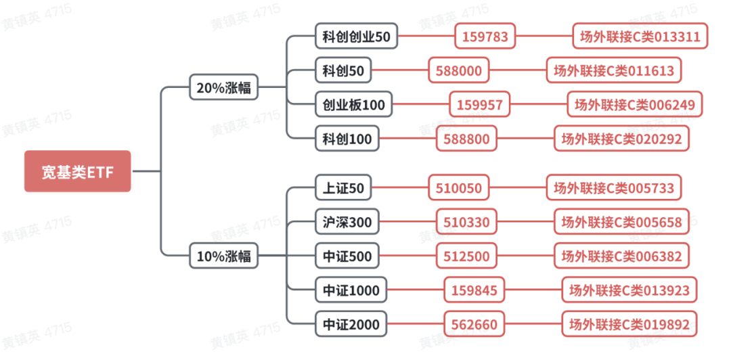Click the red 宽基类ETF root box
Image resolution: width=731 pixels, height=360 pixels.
[x=77, y=171]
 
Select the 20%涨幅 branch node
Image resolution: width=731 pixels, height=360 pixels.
[x=223, y=87]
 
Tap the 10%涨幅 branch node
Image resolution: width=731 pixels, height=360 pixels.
[x=223, y=256]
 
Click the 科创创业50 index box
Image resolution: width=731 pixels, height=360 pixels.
[x=356, y=36]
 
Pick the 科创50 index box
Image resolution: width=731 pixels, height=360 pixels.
[x=343, y=70]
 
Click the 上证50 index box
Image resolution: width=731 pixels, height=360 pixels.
[x=343, y=187]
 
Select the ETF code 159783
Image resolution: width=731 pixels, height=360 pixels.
[x=485, y=36]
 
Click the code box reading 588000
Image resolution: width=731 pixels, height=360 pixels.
[x=458, y=70]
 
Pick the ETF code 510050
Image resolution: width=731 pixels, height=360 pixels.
[x=458, y=187]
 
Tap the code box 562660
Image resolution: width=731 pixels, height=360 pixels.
[x=474, y=324]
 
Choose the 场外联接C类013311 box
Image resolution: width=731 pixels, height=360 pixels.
[x=640, y=36]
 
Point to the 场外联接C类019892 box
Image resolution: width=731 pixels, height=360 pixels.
[x=629, y=324]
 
